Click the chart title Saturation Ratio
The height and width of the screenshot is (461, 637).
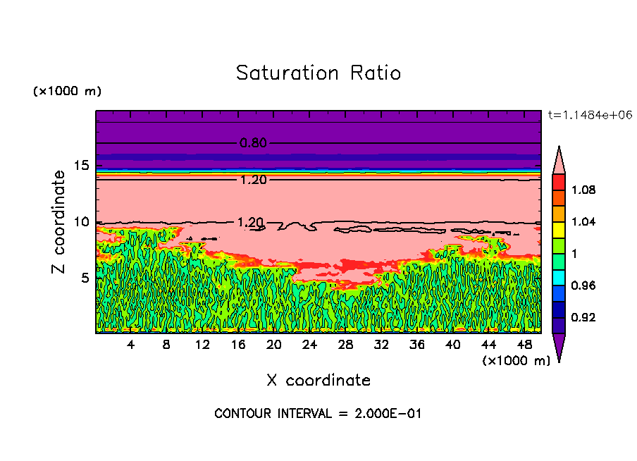pos(318,73)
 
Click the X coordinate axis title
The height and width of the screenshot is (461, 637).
pos(318,381)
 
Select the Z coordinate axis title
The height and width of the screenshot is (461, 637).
pos(58,222)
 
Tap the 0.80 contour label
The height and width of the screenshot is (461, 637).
pos(253,143)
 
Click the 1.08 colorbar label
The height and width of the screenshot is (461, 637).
pos(583,190)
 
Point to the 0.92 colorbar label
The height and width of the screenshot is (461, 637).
pos(583,318)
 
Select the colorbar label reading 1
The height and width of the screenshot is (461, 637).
pos(574,254)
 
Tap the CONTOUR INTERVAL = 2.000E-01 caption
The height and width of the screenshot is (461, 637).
pos(318,414)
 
